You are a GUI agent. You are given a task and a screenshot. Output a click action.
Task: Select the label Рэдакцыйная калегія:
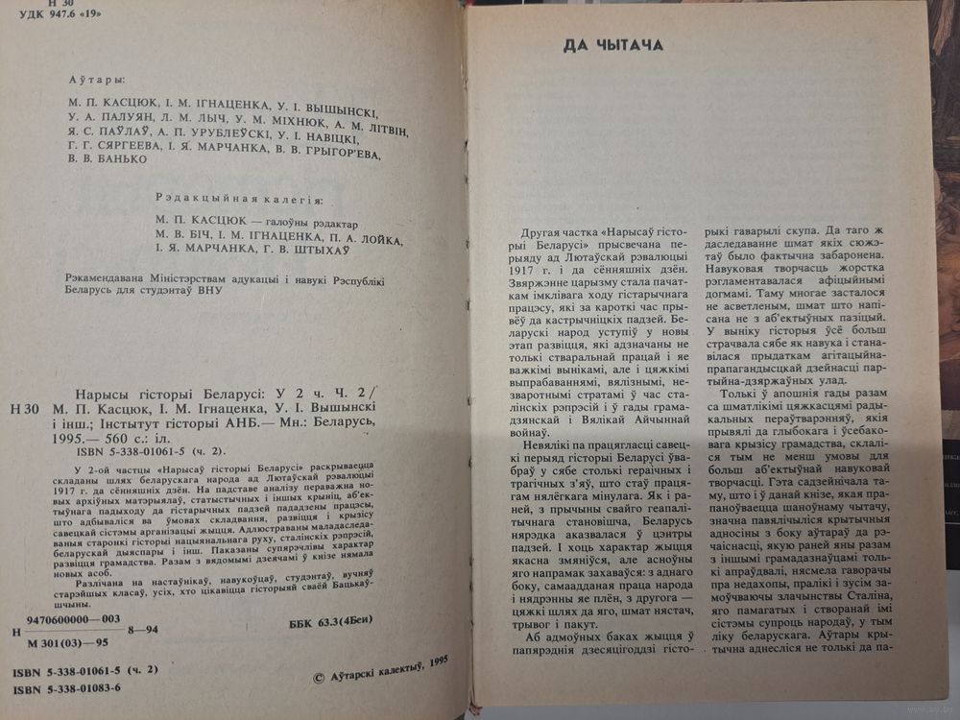point(239,199)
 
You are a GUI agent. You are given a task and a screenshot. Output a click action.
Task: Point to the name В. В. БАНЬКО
point(108,159)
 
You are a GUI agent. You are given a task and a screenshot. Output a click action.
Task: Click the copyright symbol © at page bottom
point(321,678)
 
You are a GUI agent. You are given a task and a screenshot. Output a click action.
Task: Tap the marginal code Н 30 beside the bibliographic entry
point(22,409)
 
